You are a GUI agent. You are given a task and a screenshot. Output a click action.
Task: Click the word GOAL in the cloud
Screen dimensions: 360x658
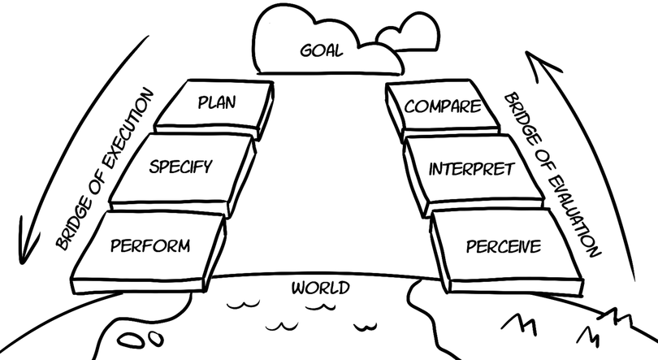pyautogui.click(x=321, y=50)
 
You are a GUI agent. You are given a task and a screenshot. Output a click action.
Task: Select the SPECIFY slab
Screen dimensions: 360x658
pyautogui.click(x=181, y=167)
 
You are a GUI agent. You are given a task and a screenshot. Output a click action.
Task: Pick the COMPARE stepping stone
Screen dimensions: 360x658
pyautogui.click(x=444, y=106)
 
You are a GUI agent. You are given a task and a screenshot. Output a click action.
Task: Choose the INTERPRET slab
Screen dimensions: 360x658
pyautogui.click(x=471, y=170)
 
